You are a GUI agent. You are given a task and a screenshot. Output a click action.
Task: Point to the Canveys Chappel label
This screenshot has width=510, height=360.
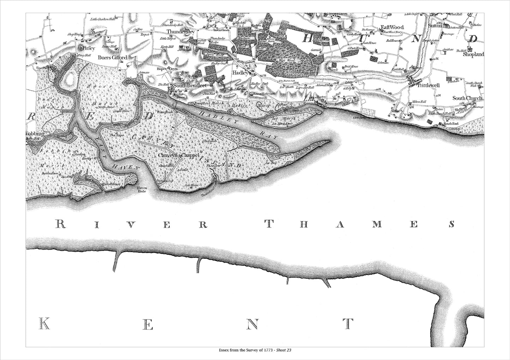coord(179,155)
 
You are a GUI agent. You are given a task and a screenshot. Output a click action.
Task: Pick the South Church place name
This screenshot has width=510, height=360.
coord(468,98)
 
